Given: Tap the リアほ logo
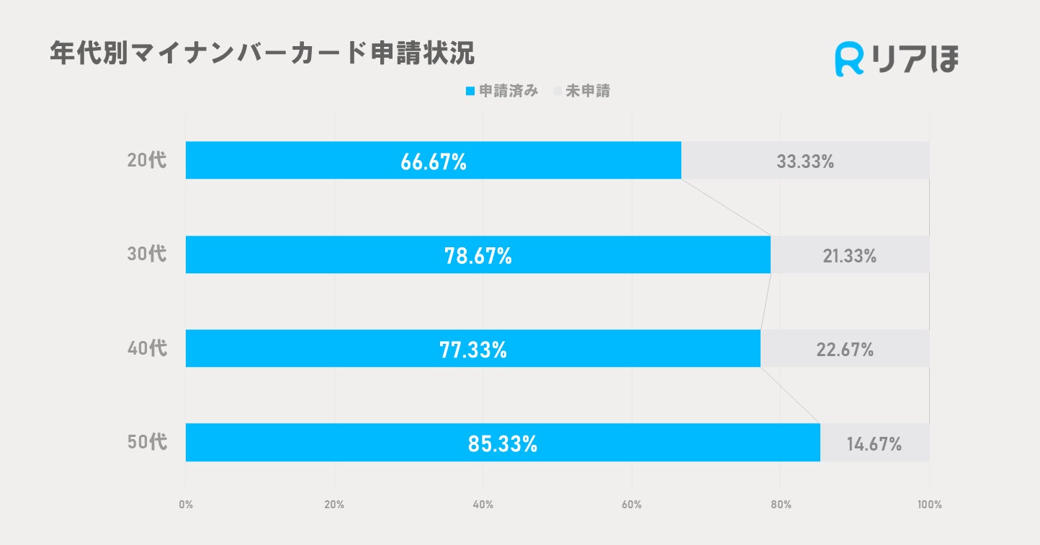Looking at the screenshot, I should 897,60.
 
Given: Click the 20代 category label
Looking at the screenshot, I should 147,161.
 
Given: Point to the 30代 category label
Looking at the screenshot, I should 147,254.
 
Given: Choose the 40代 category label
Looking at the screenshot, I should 147,349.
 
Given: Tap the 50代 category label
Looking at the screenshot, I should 147,443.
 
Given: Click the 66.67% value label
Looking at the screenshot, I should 434,161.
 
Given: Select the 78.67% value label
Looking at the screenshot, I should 478,255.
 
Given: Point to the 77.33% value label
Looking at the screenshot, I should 473,350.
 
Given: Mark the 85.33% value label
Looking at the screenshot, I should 503,443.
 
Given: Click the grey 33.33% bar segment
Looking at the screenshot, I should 805,161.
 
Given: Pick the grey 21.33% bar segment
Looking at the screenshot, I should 850,254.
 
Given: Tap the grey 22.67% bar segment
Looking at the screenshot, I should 845,349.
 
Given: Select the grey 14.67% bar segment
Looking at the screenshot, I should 874,443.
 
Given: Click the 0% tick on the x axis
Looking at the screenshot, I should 186,505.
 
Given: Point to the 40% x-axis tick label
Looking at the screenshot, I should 483,505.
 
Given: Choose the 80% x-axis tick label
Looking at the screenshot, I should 781,505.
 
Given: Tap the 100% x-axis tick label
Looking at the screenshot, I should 929,505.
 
